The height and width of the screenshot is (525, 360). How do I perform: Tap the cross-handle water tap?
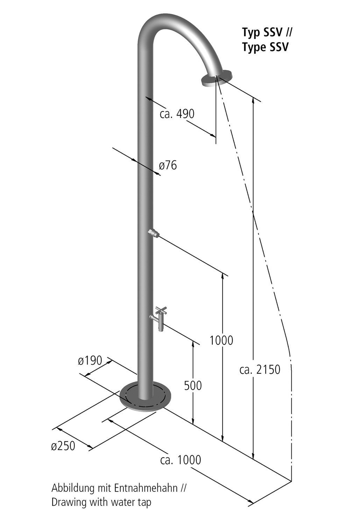(160, 317)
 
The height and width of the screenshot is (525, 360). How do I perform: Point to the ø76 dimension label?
(168, 165)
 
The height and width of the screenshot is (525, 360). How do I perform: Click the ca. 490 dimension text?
(177, 114)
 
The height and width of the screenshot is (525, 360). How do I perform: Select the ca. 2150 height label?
(260, 369)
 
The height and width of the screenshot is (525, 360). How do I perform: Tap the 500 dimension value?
(193, 385)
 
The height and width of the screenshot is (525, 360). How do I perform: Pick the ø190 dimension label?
(90, 360)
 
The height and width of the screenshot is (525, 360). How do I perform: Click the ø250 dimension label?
(63, 446)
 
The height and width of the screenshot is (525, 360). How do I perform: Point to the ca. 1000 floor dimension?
(181, 460)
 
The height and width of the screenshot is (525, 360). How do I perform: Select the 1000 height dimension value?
(221, 340)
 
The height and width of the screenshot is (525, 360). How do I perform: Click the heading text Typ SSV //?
(267, 33)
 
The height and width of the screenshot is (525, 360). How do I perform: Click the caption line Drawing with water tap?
(101, 502)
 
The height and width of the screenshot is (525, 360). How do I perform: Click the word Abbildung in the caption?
(68, 488)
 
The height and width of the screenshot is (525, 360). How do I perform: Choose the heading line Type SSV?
(265, 47)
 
